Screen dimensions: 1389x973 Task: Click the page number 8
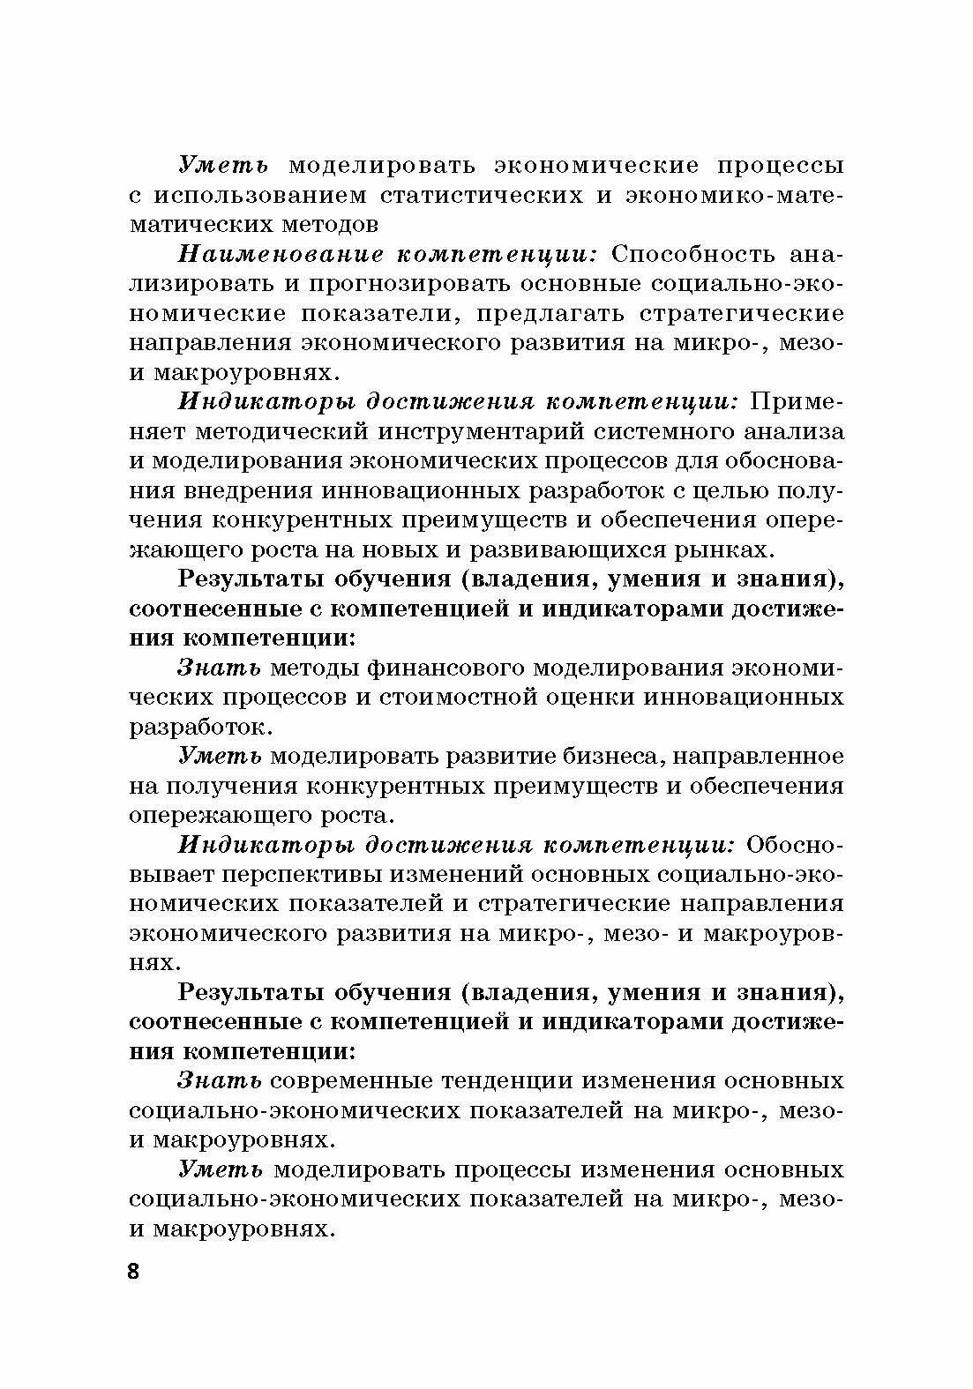tap(134, 1271)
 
